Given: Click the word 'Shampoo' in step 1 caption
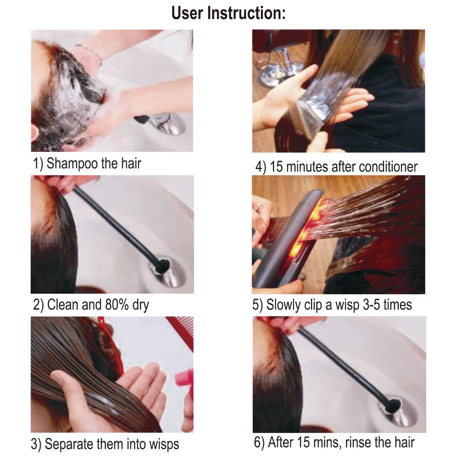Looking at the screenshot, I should point(72,163).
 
